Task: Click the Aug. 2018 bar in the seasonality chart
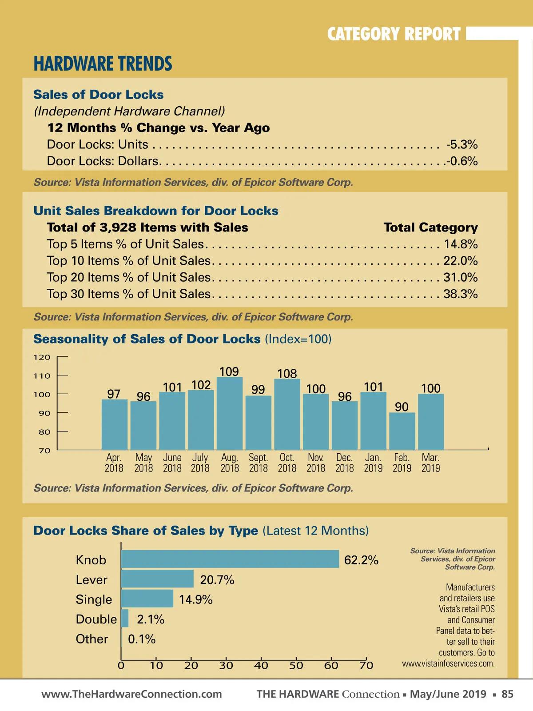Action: [x=230, y=413]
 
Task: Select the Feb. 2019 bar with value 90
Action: [x=402, y=431]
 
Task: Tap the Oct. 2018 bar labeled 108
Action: [x=287, y=414]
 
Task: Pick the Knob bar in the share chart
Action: [x=230, y=559]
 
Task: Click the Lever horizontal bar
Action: [x=157, y=579]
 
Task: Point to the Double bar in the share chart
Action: [x=125, y=619]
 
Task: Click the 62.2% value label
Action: [x=361, y=560]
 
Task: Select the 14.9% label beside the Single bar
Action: [x=195, y=599]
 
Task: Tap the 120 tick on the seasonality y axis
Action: [x=42, y=357]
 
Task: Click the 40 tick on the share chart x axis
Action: [x=261, y=665]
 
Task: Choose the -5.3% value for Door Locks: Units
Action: [x=462, y=144]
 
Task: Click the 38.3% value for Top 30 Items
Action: [x=460, y=294]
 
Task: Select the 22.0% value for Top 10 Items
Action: [x=460, y=260]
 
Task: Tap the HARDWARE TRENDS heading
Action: [x=103, y=64]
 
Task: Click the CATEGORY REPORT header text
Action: [x=394, y=34]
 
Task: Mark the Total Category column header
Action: [x=430, y=228]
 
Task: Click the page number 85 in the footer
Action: [x=507, y=694]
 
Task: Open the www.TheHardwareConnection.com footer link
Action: [x=131, y=694]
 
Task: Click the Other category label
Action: [x=92, y=639]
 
